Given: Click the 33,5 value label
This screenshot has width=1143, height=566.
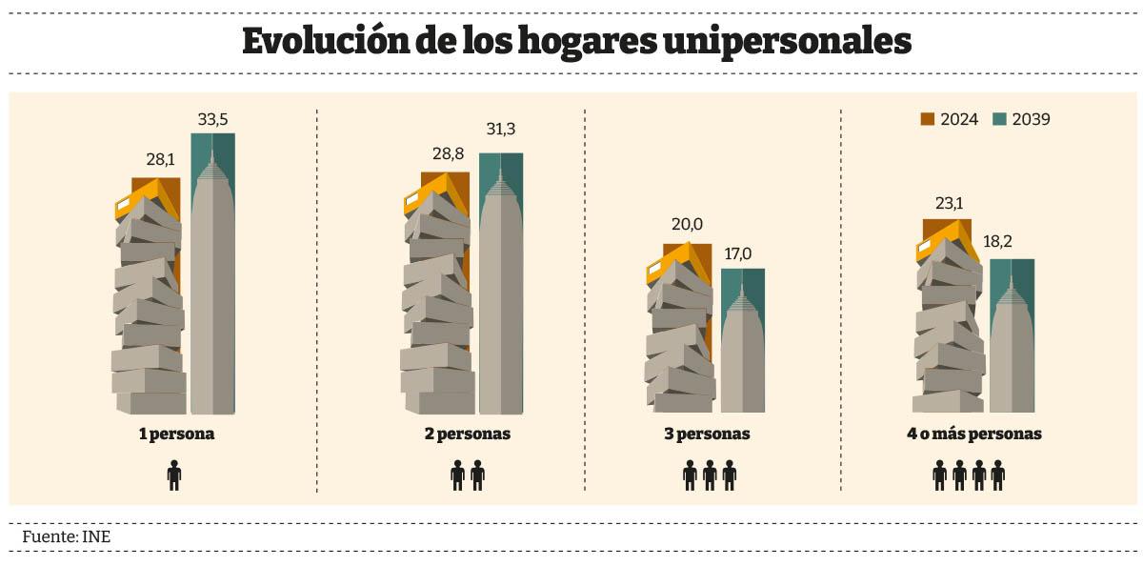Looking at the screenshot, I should point(212,120).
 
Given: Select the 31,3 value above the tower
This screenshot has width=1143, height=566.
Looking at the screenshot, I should point(501,130).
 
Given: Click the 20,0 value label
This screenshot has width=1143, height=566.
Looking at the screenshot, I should point(686,225).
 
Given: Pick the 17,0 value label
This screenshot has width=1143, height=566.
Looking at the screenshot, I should point(742,254).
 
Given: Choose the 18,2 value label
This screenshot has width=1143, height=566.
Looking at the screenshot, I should point(1012,242).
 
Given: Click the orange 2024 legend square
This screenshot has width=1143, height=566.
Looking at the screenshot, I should point(928,119).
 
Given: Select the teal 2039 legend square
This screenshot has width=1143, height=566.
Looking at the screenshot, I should point(999,119).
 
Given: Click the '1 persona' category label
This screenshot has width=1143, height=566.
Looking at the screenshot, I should point(177,434).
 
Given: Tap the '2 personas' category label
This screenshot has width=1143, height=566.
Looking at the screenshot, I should point(468,434).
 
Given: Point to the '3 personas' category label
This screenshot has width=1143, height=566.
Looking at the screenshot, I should point(707,434).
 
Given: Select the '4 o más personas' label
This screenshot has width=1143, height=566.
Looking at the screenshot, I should point(974,434).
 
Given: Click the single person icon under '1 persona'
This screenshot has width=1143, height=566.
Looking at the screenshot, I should point(174,475).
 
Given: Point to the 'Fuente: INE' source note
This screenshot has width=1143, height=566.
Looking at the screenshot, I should point(67,536).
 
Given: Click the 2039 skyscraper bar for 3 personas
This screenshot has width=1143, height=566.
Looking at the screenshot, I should point(742,343).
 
